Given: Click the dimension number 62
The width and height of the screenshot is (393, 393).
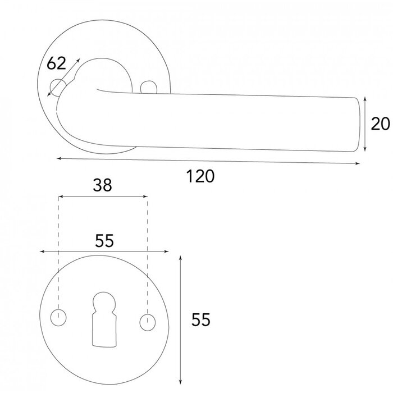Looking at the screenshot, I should (56, 64).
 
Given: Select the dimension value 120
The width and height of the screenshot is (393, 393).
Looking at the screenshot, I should (200, 176).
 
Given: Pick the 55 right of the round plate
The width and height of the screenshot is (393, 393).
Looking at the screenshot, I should (200, 320).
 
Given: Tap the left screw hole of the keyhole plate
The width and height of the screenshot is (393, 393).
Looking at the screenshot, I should (58, 318).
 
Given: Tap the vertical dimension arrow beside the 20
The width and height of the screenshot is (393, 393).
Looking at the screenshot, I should (365, 124).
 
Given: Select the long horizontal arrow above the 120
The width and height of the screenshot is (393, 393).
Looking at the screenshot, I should (208, 161).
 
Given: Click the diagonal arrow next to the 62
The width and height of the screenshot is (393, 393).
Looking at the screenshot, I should (65, 77).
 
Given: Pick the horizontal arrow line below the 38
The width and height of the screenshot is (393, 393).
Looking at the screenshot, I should (103, 197).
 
